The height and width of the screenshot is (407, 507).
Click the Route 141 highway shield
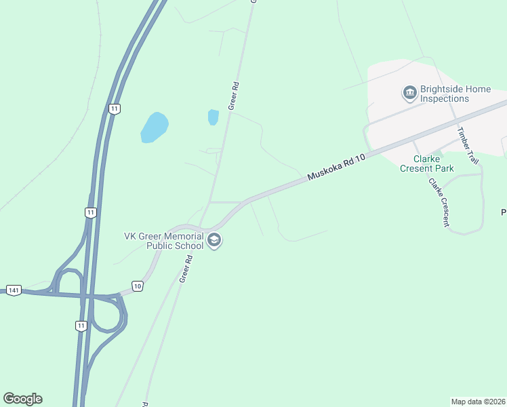pyautogui.click(x=13, y=290)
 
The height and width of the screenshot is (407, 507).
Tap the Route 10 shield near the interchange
pyautogui.click(x=138, y=287)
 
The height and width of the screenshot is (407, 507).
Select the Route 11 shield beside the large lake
pyautogui.click(x=115, y=109)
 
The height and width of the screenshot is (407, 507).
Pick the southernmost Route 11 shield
pyautogui.click(x=81, y=326)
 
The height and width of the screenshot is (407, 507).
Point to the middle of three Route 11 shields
pyautogui.click(x=91, y=212)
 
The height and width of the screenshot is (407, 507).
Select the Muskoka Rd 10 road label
pyautogui.click(x=336, y=166)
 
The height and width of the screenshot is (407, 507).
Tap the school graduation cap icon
pyautogui.click(x=215, y=241)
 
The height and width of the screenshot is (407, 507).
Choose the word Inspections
pyautogui.click(x=445, y=98)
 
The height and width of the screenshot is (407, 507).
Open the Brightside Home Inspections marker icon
pyautogui.click(x=409, y=92)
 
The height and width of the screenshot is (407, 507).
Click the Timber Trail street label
pyautogui.click(x=468, y=145)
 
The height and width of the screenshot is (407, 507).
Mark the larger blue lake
pyautogui.click(x=155, y=128)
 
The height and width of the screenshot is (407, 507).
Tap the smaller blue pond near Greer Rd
pyautogui.click(x=214, y=117)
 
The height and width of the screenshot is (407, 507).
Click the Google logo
pyautogui.click(x=22, y=399)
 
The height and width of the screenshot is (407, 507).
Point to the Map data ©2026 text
pyautogui.click(x=478, y=402)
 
